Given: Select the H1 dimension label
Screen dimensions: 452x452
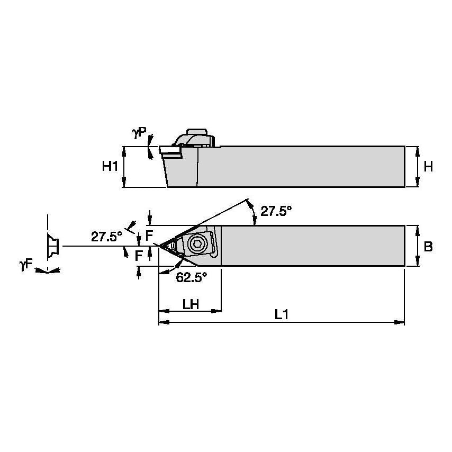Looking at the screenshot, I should coord(110,166).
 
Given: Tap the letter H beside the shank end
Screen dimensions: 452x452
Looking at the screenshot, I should coord(428,166).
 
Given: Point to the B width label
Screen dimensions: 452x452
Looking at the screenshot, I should coord(428,247).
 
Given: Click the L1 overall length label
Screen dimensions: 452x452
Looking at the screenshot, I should coord(281,314).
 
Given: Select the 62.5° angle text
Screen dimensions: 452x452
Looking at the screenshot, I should coord(191,277).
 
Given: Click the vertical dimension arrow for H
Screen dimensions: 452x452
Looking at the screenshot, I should coord(418,166).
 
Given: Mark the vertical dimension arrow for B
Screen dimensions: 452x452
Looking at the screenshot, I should coord(418,247).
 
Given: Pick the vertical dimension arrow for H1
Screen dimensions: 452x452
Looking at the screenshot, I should coord(124,167).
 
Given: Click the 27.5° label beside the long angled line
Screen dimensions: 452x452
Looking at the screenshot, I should coord(276,211).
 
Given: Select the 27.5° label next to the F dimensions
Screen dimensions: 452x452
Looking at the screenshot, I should coord(106,236).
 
